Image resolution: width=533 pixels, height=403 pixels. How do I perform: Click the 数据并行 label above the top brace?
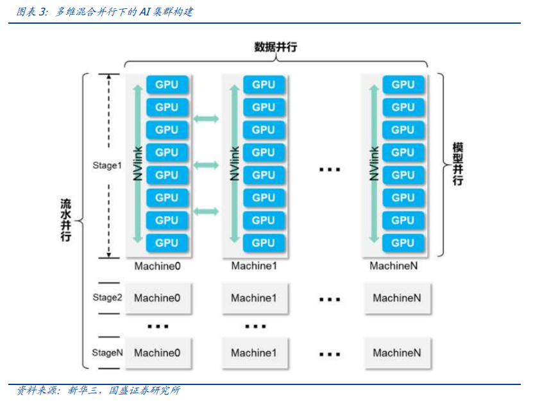[x=275, y=47]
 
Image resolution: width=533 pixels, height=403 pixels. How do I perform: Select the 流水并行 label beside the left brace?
[x=65, y=220]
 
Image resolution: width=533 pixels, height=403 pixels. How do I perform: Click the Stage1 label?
[x=107, y=166]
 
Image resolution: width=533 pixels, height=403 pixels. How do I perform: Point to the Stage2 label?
[x=107, y=298]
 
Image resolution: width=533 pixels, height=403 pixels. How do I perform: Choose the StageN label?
[x=107, y=353]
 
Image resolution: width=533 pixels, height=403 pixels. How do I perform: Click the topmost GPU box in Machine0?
[x=167, y=85]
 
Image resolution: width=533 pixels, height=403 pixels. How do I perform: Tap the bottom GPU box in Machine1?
[x=264, y=243]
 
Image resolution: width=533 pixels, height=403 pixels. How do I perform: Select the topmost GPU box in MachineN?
[x=403, y=85]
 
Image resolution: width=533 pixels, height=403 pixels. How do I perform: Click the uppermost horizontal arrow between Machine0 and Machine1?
[x=206, y=119]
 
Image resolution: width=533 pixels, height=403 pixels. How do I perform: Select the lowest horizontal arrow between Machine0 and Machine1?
[x=206, y=211]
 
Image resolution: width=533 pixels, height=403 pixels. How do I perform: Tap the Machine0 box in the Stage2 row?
[x=158, y=298]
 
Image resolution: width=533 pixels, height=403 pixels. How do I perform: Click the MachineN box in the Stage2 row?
[x=397, y=298]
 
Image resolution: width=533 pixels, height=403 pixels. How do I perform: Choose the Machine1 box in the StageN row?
[x=254, y=353]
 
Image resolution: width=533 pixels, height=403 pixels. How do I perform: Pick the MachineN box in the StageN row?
[x=397, y=353]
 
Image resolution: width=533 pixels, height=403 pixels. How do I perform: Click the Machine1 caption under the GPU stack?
[x=254, y=266]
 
